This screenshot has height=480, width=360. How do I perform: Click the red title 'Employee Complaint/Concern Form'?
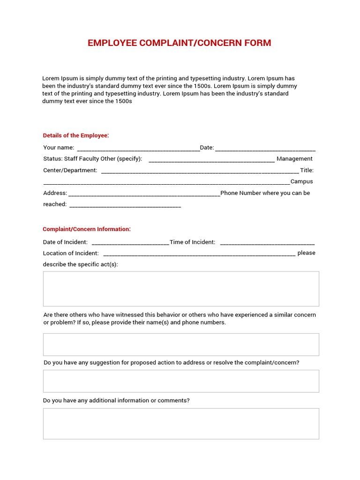179,43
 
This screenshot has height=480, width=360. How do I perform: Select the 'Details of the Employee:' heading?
76,135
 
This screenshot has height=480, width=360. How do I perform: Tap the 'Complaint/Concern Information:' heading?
87,229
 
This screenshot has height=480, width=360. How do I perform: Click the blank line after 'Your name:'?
137,149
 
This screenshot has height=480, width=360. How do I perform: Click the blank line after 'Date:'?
265,149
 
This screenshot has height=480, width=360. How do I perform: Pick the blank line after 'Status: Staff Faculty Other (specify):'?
211,160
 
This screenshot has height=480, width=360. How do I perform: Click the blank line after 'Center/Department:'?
200,172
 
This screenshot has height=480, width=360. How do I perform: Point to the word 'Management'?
294,159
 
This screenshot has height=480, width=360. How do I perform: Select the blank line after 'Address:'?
144,194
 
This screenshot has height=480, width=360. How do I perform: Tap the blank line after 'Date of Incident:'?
130,243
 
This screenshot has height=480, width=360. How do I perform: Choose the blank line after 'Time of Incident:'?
267,243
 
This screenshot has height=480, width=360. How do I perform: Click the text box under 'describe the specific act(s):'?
181,289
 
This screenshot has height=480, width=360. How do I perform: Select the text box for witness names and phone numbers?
181,345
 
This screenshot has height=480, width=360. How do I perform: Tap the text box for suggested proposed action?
181,381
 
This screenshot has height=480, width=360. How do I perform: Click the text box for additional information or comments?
181,424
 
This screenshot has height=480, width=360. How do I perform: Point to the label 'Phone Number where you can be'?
265,193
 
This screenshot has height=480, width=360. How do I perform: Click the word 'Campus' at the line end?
302,181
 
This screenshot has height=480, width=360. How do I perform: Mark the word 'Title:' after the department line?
307,170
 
